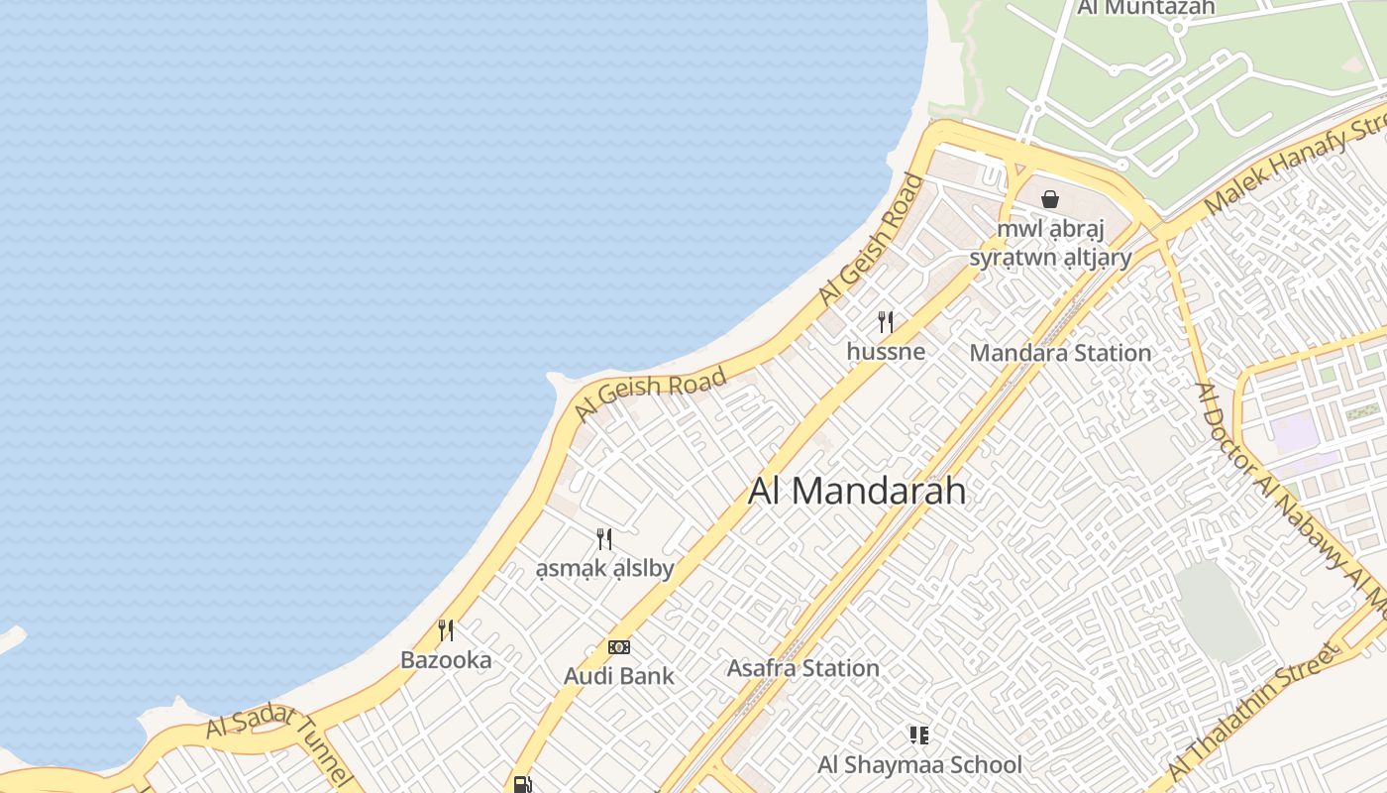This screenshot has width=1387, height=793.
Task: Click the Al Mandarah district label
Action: point(856,491)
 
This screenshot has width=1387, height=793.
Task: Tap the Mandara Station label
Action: point(1060,353)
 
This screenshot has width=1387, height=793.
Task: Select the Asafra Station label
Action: point(802,668)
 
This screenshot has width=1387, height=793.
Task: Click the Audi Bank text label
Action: point(618,676)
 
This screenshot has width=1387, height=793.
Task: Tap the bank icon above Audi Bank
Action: point(619,647)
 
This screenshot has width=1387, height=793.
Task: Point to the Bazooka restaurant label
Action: point(446,659)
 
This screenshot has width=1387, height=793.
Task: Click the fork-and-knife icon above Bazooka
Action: point(446,630)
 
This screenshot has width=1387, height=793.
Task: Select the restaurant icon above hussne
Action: point(886,322)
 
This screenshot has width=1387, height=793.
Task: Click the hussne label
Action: point(886,351)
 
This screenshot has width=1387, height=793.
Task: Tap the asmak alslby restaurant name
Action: point(604,568)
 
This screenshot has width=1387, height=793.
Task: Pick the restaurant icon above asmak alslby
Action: point(604,539)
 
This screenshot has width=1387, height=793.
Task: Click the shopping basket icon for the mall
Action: point(1050,199)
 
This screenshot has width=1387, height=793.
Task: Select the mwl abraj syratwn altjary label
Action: point(1050,244)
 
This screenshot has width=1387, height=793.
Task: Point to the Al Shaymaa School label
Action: point(918,764)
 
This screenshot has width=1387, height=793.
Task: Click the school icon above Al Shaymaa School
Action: point(918,736)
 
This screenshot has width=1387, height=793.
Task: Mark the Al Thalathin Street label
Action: point(1254,711)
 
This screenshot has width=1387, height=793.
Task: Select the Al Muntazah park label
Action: point(1145,8)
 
